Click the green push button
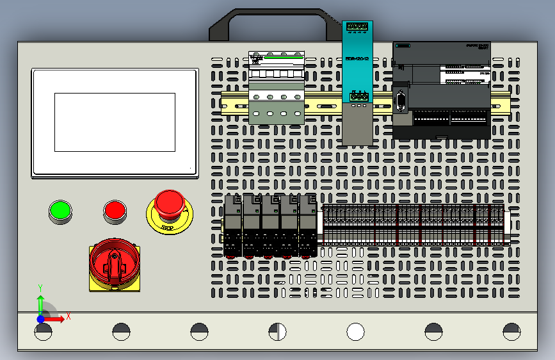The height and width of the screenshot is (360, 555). click(60, 210)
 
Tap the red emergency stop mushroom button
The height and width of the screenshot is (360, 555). click(169, 202)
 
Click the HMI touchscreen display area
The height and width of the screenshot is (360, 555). click(115, 122)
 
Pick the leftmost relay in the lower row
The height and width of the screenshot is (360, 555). click(232, 225)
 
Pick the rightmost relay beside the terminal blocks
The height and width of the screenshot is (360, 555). click(308, 225)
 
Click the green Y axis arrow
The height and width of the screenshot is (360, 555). click(40, 301)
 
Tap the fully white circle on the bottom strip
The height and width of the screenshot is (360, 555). click(355, 332)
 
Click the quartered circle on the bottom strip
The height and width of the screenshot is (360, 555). click(277, 332)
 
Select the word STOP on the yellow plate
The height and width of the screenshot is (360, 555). click(168, 227)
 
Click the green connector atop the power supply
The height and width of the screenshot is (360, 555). click(357, 27)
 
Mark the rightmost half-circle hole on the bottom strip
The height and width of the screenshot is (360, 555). click(511, 331)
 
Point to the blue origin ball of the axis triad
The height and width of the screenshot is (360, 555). click(40, 318)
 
